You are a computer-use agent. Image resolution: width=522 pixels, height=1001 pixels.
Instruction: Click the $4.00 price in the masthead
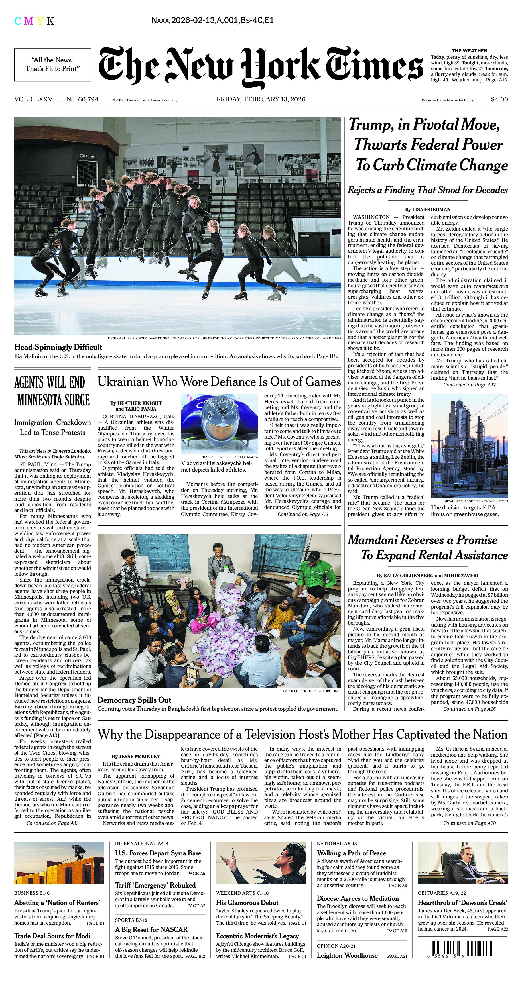tap(499, 99)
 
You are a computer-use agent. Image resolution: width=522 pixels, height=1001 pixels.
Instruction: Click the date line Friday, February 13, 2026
tap(261, 99)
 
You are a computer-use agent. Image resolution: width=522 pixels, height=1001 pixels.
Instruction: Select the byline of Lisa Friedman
tap(428, 209)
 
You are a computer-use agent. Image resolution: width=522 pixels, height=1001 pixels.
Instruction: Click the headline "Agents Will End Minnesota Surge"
tap(52, 391)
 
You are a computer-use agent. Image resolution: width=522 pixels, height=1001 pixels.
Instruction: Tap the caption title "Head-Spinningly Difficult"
tap(58, 347)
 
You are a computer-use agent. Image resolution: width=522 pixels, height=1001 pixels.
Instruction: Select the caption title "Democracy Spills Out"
tap(134, 700)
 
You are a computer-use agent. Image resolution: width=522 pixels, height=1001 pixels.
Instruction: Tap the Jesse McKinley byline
tap(136, 756)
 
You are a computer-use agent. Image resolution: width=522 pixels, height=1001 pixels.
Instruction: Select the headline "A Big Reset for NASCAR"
tap(151, 929)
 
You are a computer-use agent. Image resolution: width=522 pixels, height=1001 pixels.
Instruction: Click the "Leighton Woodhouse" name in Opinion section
tap(347, 955)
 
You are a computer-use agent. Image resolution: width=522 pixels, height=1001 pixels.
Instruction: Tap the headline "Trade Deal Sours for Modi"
tap(52, 936)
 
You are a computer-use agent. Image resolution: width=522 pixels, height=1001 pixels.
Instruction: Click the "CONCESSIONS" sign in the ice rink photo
tap(88, 156)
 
